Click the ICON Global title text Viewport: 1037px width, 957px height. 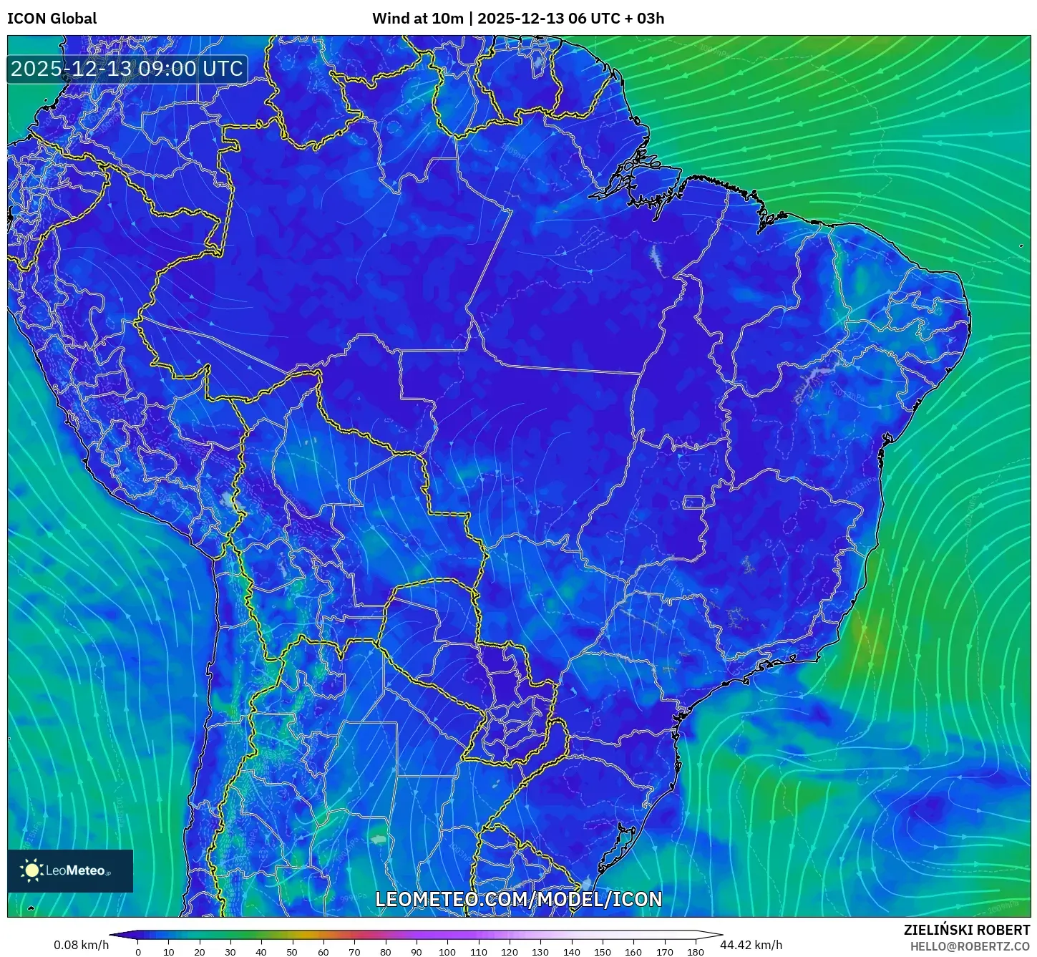(x=52, y=19)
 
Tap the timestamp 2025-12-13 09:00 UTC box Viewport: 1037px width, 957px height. (x=127, y=69)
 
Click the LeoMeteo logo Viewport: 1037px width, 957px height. (x=70, y=870)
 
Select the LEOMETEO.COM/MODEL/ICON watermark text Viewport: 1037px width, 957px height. (x=518, y=900)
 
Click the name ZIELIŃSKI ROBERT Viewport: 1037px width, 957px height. (x=966, y=931)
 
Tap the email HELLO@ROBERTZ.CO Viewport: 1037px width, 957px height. (x=970, y=946)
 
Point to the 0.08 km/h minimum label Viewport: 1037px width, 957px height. (x=81, y=945)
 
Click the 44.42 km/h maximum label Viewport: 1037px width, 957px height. (x=751, y=945)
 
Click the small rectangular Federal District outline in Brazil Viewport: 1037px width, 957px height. (x=693, y=502)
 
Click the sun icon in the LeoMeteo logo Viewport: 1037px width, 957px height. (x=31, y=870)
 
